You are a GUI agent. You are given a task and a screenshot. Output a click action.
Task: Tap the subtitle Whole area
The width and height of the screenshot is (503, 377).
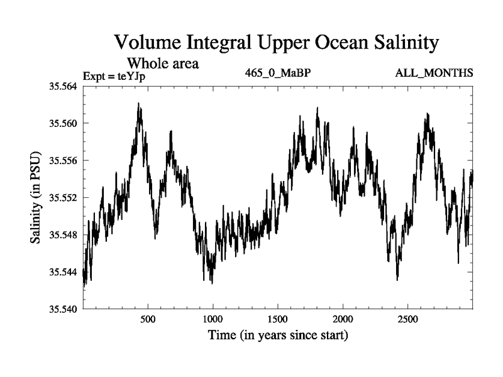(x=163, y=63)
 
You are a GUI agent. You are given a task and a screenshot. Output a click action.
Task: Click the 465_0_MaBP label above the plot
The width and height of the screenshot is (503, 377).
(x=278, y=73)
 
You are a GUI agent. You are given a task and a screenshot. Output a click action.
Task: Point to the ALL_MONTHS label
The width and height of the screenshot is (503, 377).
(x=434, y=74)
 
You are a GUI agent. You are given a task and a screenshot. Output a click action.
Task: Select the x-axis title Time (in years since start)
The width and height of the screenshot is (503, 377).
(x=278, y=336)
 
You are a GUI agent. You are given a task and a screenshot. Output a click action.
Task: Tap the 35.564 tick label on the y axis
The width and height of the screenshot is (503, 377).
(x=63, y=86)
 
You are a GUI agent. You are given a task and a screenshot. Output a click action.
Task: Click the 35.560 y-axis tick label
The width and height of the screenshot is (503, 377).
(x=63, y=123)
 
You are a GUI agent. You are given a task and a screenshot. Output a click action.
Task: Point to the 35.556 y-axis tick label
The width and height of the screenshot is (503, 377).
(x=63, y=160)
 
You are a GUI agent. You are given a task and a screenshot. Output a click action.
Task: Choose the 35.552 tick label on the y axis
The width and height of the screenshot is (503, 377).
(x=63, y=197)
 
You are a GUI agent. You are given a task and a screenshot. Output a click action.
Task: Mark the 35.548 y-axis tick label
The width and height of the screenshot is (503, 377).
(x=63, y=234)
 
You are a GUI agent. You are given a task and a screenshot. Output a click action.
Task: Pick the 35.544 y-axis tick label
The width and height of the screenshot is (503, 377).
(x=63, y=272)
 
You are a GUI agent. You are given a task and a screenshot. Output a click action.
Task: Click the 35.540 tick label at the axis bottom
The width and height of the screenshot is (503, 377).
(x=63, y=309)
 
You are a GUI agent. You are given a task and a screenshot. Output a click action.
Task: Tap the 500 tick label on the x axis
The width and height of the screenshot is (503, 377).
(x=148, y=319)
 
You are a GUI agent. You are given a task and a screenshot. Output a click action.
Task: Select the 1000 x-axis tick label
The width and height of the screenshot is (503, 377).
(x=213, y=319)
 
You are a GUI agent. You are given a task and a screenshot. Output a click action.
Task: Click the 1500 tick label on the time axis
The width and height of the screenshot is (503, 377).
(x=278, y=319)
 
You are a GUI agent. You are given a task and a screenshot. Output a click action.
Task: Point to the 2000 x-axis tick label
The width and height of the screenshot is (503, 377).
(x=343, y=319)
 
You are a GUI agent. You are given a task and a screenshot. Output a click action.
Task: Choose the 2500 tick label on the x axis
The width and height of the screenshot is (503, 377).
(x=408, y=319)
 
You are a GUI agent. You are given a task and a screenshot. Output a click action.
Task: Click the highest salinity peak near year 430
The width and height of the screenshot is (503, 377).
(x=138, y=104)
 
